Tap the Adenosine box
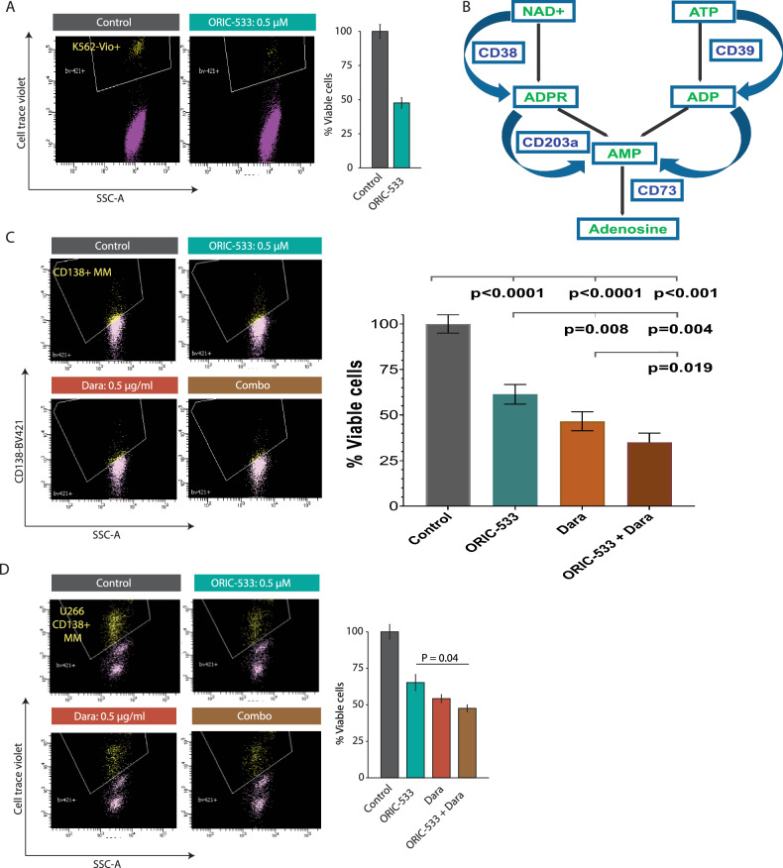(621, 230)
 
